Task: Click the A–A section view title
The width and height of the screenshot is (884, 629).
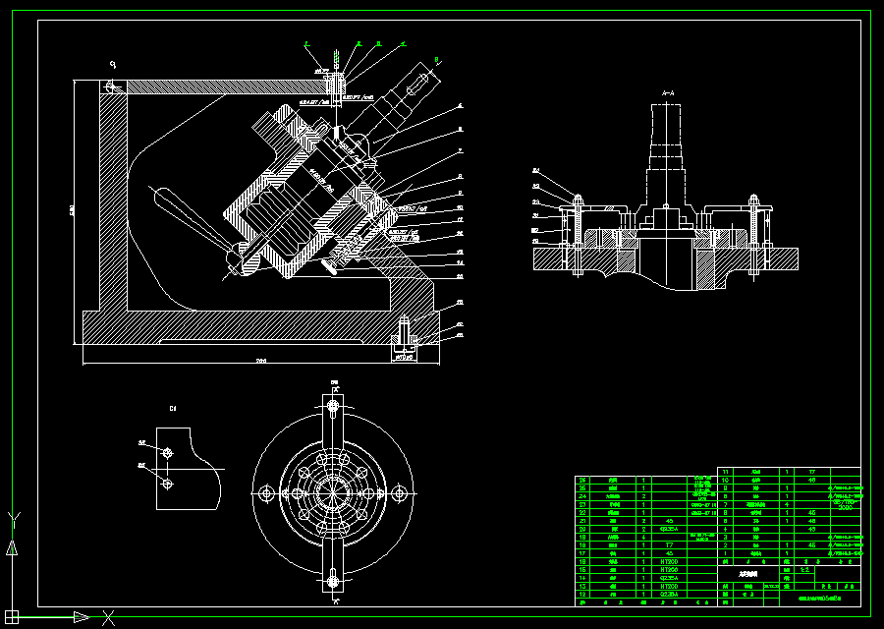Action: (668, 93)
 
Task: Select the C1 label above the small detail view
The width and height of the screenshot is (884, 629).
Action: (173, 407)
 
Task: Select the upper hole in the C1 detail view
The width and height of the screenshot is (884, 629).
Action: (168, 453)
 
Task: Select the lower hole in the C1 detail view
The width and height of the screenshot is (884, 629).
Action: (168, 484)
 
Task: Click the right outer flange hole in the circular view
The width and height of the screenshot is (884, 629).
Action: (399, 492)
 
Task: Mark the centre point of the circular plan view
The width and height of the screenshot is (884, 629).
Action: (332, 492)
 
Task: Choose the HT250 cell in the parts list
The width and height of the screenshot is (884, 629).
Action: (670, 569)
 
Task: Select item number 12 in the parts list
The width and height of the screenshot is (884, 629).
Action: (582, 596)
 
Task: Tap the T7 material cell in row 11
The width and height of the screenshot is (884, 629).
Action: (811, 472)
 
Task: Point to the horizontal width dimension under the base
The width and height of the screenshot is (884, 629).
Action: (261, 362)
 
